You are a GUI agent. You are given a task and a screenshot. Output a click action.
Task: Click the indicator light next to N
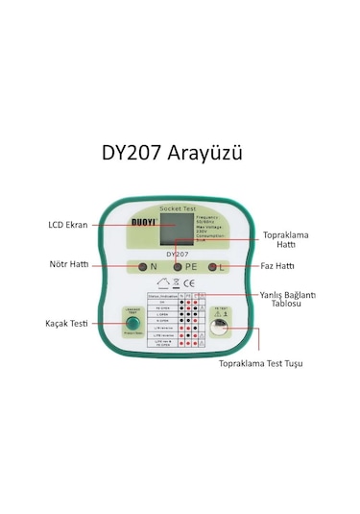click(x=142, y=265)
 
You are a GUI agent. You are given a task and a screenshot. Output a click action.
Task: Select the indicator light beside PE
click(x=177, y=265)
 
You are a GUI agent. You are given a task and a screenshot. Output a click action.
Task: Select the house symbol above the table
click(x=162, y=282)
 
